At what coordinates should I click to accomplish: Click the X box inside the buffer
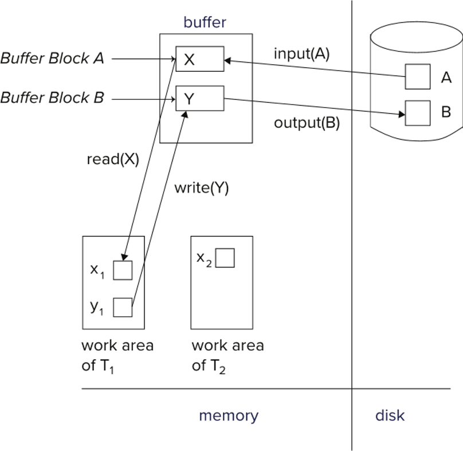click(x=200, y=59)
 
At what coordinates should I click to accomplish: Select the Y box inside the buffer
click(x=200, y=99)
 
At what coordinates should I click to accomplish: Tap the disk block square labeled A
click(x=418, y=76)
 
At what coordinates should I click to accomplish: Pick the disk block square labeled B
click(x=418, y=113)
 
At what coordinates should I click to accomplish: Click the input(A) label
click(x=301, y=54)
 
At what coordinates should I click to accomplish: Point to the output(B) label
click(x=307, y=123)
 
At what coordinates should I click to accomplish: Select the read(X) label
click(x=113, y=160)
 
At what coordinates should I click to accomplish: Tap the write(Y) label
click(x=201, y=188)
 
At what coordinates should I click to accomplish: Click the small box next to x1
click(x=123, y=270)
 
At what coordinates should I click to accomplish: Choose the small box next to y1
click(x=123, y=308)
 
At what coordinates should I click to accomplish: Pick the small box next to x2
click(x=225, y=258)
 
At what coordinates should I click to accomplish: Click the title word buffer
click(x=205, y=22)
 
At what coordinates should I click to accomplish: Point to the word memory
click(x=229, y=416)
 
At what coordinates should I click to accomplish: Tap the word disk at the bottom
click(x=390, y=415)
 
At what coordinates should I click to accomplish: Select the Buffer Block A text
click(x=52, y=59)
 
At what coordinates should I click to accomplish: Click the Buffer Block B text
click(x=52, y=98)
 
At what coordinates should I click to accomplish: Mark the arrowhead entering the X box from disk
click(x=227, y=61)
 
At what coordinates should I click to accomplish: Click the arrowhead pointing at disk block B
click(x=402, y=114)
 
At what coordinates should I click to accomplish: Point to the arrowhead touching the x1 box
click(x=124, y=257)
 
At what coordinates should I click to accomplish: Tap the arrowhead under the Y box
click(x=185, y=115)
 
